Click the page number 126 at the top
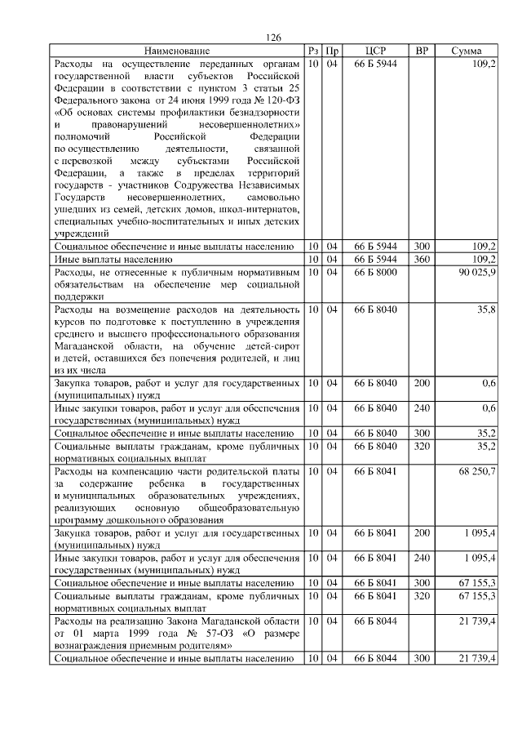(x=273, y=38)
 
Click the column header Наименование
(x=177, y=51)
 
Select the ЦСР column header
(x=375, y=51)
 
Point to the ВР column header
(x=422, y=51)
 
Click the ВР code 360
(x=422, y=259)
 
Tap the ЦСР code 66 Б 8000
(x=375, y=271)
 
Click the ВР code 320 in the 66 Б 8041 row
(x=422, y=596)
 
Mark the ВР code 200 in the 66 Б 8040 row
(x=422, y=382)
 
